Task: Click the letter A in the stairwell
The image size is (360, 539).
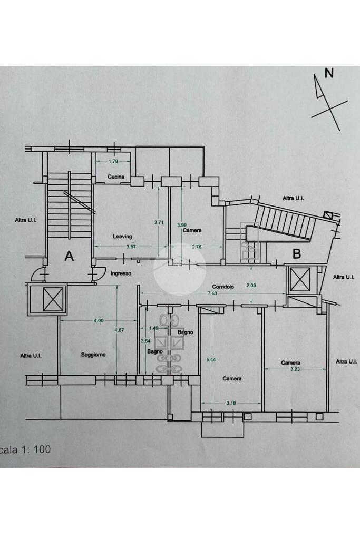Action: (69, 256)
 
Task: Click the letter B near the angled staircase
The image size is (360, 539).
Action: (296, 254)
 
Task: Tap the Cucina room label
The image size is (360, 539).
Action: (116, 177)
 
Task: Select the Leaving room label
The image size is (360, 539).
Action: (122, 237)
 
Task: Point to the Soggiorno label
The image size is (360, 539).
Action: (93, 355)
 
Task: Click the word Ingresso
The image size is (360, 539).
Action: (121, 273)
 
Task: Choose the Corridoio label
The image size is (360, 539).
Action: (223, 286)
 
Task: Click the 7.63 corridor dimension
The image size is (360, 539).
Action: (212, 293)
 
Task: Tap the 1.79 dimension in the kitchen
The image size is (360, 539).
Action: (113, 161)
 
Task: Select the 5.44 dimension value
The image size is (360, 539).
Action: (211, 359)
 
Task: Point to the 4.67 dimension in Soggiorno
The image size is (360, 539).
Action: (119, 330)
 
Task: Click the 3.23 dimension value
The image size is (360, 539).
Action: (295, 369)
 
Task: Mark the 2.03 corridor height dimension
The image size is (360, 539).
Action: (251, 286)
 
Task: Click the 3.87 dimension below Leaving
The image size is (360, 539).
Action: (131, 247)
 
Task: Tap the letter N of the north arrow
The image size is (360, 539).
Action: (329, 73)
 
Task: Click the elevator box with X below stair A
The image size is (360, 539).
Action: (53, 299)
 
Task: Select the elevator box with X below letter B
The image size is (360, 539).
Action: (300, 279)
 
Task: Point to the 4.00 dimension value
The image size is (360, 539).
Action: (99, 321)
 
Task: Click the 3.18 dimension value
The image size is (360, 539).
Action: (231, 403)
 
